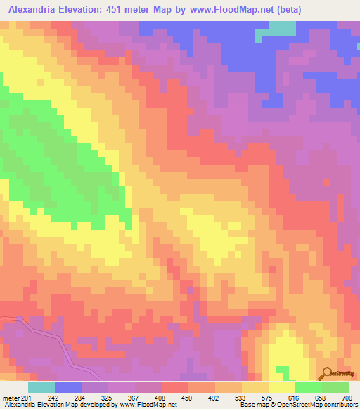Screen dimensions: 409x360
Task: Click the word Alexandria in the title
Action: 34,9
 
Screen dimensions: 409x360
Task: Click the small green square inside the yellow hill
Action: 281,370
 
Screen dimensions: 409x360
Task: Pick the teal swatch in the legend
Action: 41,387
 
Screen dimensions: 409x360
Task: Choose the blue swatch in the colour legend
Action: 68,387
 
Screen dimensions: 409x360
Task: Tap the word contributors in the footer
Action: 339,405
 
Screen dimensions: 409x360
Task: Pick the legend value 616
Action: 293,398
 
